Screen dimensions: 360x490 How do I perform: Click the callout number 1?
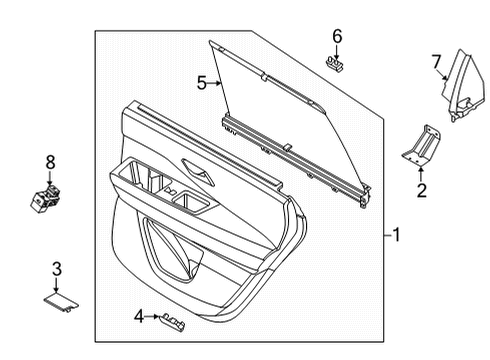[x=396, y=236]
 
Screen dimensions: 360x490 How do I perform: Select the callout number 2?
[x=421, y=190]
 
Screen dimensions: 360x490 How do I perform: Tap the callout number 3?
[x=57, y=268]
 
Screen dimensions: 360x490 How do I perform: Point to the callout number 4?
[x=138, y=317]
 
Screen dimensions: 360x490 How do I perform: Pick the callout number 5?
[x=201, y=84]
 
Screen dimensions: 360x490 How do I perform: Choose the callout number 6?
[x=337, y=36]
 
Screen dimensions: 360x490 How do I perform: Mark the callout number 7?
[x=436, y=63]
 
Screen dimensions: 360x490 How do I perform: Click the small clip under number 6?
[x=337, y=63]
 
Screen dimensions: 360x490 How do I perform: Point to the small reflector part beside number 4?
[x=174, y=319]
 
